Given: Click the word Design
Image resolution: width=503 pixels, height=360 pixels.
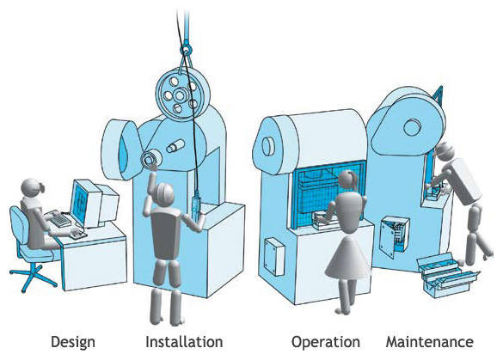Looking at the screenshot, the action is [73, 342].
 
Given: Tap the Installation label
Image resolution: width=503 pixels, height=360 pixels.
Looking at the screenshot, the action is [184, 342].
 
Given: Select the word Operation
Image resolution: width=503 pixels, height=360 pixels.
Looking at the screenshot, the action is [325, 342].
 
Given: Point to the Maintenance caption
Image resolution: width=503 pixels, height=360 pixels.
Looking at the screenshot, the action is [430, 342].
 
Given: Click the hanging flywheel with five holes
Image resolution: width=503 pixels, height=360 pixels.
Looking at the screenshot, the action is [182, 94].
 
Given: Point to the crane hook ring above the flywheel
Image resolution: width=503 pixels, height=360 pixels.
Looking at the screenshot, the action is [186, 50].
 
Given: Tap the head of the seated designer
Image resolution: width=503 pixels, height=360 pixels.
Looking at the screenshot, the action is [33, 188].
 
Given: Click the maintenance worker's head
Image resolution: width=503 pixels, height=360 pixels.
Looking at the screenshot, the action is [444, 151].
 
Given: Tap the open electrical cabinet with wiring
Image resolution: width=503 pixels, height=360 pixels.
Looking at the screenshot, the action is [396, 233].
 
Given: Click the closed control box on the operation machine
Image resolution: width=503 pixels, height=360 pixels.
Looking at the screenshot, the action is [274, 256].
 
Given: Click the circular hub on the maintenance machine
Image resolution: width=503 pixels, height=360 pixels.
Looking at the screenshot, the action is [412, 127].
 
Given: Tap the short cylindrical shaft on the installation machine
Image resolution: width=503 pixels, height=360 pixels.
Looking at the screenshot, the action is [175, 146].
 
